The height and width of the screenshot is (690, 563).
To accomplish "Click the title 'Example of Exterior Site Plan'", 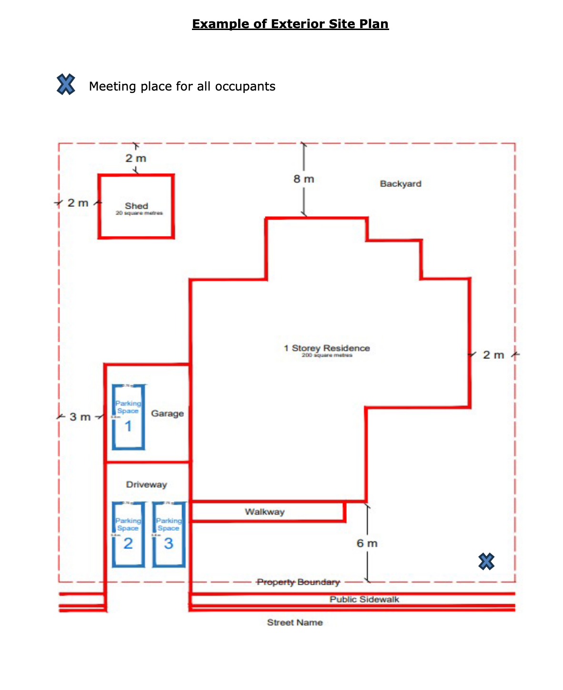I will click(290, 24).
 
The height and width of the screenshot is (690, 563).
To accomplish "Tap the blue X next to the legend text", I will click(66, 84).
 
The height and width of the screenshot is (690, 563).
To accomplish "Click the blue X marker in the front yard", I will click(486, 561).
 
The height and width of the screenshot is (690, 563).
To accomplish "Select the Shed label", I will click(137, 206).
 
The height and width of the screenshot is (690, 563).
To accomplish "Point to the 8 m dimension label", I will click(304, 179).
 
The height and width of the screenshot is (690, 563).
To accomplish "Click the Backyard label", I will click(401, 184).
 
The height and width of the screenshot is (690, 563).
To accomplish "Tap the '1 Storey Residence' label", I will click(327, 348).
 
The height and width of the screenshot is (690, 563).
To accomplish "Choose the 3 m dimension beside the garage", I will click(80, 417).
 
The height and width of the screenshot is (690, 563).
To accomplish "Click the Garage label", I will click(167, 414).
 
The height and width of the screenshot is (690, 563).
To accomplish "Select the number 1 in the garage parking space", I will click(128, 426).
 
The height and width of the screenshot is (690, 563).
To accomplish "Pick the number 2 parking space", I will click(128, 543).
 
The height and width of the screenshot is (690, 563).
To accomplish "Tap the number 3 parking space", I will click(169, 543).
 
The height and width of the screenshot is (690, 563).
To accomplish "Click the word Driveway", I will click(146, 485).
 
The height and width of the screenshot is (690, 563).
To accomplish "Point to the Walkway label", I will click(265, 512).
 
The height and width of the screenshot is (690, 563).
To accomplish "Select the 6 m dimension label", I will click(367, 543).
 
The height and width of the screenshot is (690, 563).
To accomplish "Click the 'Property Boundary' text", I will click(298, 582).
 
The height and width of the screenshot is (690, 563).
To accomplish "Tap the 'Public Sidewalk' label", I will click(364, 599).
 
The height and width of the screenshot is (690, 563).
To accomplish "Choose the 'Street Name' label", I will click(295, 622).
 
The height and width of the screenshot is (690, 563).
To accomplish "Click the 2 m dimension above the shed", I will click(136, 158).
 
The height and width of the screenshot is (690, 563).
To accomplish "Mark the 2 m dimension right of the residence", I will click(493, 355).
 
